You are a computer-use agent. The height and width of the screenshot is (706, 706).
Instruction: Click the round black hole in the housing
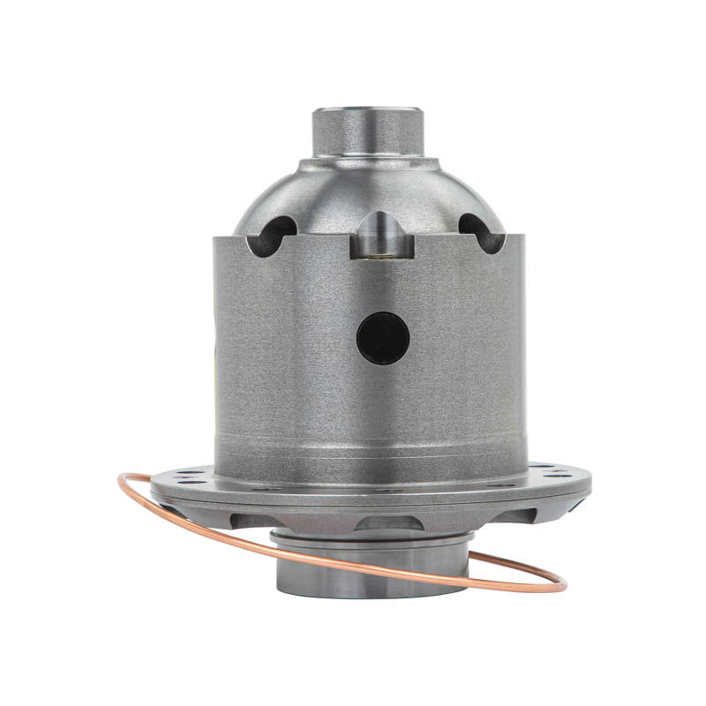[382, 337]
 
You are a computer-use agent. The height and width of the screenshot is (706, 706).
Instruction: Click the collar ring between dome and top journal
[369, 165]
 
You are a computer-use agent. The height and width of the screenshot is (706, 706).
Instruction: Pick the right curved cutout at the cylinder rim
[481, 234]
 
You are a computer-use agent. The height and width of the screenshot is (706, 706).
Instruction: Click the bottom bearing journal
[371, 574]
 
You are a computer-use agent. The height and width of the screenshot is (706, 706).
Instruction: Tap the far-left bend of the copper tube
[120, 484]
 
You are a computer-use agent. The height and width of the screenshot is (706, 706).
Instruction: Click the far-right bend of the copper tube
[565, 584]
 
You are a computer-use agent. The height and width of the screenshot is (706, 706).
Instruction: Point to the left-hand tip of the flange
[152, 481]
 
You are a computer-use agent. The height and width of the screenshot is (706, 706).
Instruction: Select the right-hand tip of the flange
[590, 481]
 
